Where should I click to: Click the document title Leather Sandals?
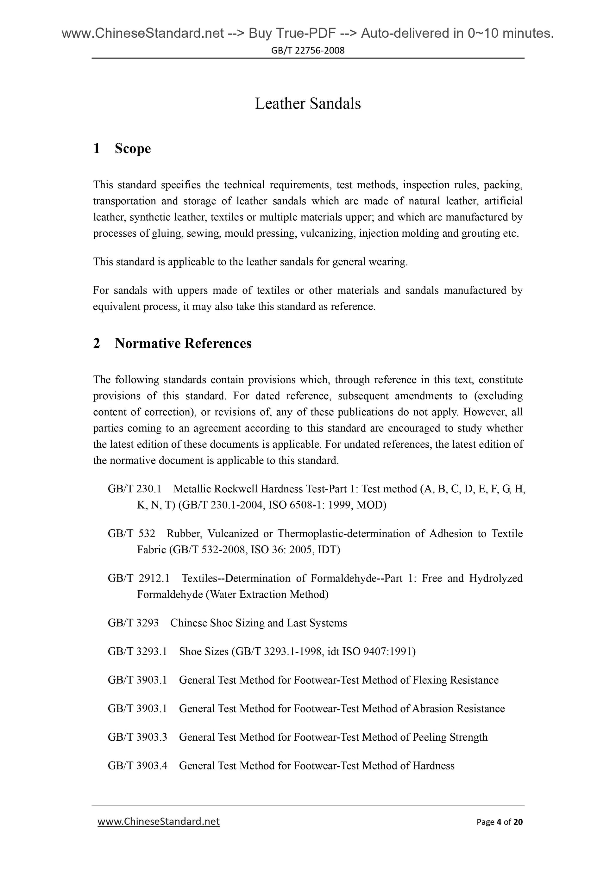click(x=307, y=103)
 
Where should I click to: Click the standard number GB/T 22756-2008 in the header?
click(x=308, y=50)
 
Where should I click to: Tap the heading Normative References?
click(x=183, y=343)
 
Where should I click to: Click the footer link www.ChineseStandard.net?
click(x=159, y=821)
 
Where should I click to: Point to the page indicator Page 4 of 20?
click(x=500, y=822)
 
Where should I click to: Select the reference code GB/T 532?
click(x=131, y=534)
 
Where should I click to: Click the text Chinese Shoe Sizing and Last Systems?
click(x=259, y=623)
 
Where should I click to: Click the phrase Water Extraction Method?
click(x=267, y=594)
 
